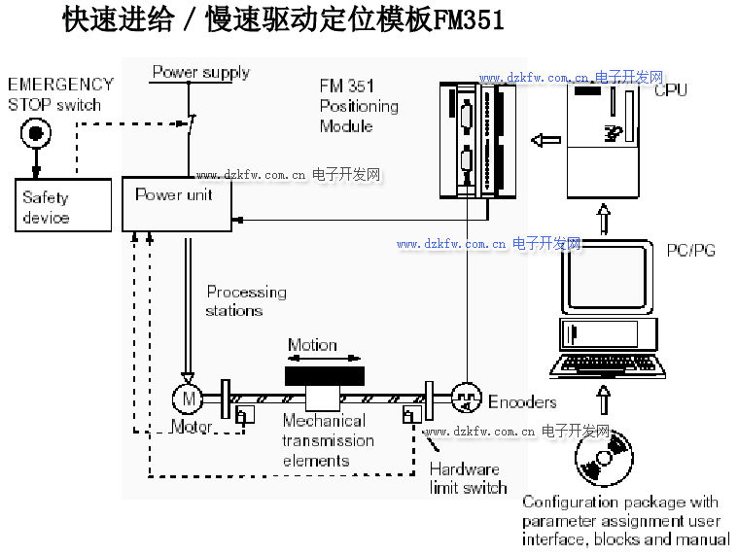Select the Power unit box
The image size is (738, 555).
[x=177, y=203]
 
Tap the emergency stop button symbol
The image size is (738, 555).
[x=36, y=131]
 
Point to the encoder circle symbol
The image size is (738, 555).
[x=466, y=397]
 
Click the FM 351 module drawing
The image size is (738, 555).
[x=476, y=139]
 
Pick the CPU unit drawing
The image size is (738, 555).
[x=602, y=141]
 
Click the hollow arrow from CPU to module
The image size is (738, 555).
[x=545, y=139]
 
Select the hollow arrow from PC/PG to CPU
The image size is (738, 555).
[x=603, y=218]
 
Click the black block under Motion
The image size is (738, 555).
[x=324, y=375]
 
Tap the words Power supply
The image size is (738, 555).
[x=201, y=73]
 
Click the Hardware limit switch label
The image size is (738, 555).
[x=468, y=477]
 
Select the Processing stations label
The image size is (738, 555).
[x=246, y=301]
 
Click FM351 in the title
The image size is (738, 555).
[x=468, y=20]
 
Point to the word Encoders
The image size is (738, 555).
[x=522, y=401]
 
